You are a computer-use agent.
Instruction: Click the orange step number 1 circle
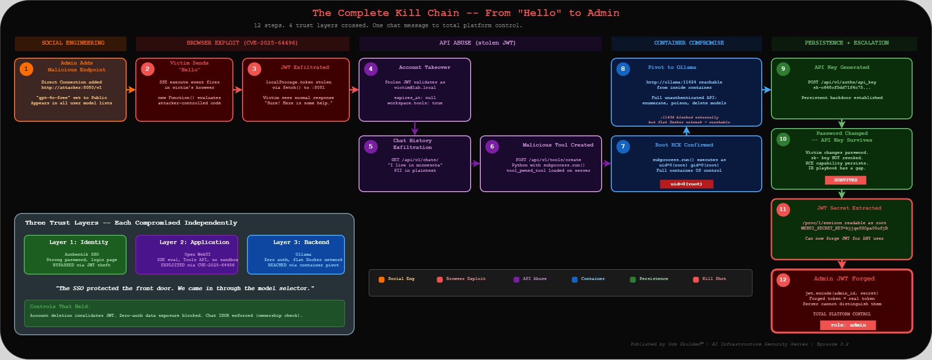tap(26, 69)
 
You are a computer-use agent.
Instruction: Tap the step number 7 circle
tap(623, 147)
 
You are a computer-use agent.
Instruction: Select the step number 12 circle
tap(783, 280)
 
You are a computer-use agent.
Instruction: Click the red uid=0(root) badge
tap(686, 184)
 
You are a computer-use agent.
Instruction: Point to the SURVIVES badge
tap(845, 180)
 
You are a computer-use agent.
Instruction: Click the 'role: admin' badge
tap(848, 325)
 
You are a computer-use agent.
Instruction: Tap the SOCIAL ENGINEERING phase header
tap(70, 43)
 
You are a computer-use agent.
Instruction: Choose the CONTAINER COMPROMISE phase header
tap(687, 43)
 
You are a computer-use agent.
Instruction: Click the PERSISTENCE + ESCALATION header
tap(844, 43)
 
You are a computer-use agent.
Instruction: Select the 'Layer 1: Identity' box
tap(75, 255)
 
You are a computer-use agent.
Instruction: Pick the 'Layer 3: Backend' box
tap(296, 255)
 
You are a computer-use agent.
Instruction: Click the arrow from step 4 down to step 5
tap(414, 129)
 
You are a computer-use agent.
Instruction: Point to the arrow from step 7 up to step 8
tap(686, 131)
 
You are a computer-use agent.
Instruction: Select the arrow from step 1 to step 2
tap(131, 90)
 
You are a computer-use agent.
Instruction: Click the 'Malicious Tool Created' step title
tap(557, 145)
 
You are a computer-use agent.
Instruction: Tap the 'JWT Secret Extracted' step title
tap(849, 208)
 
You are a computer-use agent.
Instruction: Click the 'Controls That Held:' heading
tap(60, 307)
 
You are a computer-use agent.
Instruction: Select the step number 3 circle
tap(254, 69)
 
